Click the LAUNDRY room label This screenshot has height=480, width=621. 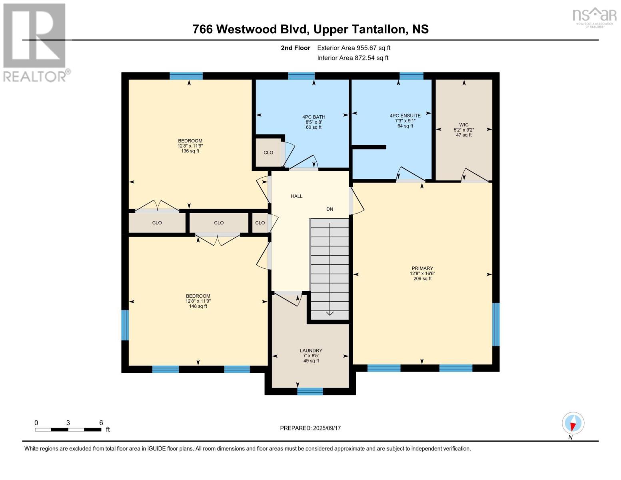[311, 350]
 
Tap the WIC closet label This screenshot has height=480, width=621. [463, 125]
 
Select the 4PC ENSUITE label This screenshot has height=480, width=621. [405, 116]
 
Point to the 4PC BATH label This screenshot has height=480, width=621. [313, 117]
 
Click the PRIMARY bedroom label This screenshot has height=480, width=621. [422, 268]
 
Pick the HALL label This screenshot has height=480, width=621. [296, 196]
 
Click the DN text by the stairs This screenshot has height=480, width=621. [329, 209]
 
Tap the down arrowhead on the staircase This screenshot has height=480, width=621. [329, 313]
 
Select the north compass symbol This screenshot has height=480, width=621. [573, 423]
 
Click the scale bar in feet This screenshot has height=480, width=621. [68, 430]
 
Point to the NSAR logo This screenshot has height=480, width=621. [594, 16]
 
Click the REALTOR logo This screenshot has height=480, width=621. [35, 42]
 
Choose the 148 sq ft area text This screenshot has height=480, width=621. [198, 306]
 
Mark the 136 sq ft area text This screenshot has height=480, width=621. [190, 151]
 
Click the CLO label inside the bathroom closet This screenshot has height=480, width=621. [268, 152]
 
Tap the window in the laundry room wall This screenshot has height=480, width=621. [310, 391]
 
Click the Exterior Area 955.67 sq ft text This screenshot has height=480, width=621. [353, 48]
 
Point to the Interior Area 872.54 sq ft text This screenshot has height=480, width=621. [353, 58]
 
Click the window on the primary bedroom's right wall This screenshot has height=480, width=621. [495, 324]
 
